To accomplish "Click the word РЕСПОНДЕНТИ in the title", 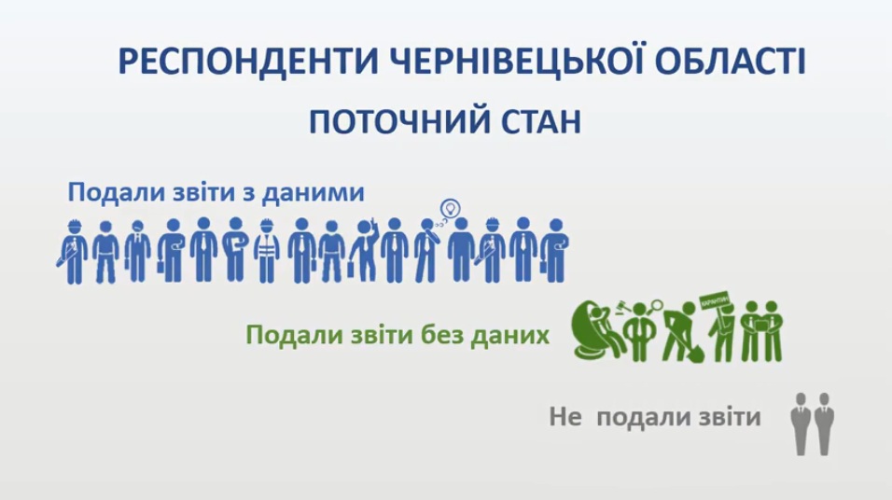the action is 248,62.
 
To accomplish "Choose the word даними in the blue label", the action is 314,193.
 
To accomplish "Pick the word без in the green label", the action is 441,335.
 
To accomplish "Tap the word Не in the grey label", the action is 565,417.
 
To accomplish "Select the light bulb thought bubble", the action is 450,208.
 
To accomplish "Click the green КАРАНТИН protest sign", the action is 715,301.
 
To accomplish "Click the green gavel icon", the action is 620,308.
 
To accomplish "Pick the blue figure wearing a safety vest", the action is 266,251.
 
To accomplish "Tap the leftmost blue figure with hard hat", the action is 72,252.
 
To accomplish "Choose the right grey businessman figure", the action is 823,424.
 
